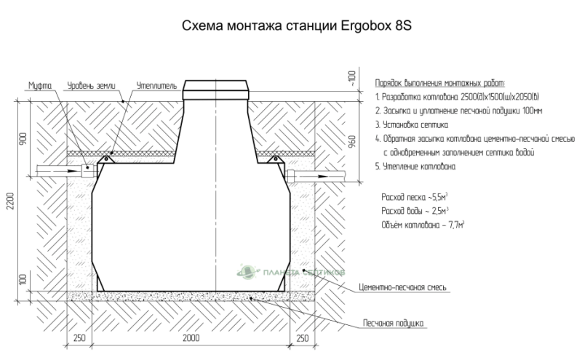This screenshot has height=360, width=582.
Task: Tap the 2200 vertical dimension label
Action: point(10,201)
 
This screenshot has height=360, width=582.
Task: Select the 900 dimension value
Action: point(23,138)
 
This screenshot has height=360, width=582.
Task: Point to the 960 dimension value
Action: point(352,141)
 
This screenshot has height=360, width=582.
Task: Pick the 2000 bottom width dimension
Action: point(191,337)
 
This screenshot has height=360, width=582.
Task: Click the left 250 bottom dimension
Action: point(79,337)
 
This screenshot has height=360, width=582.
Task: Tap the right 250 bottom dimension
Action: point(303,337)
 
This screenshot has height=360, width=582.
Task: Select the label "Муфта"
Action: point(40,86)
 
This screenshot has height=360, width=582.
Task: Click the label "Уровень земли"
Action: point(92,86)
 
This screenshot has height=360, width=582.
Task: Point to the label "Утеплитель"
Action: point(156,86)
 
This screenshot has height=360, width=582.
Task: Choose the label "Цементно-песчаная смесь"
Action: point(403,287)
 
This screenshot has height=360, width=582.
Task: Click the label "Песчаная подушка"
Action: point(394,323)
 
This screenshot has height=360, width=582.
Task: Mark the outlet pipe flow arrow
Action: point(316,176)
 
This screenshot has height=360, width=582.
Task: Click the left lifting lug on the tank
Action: point(105,159)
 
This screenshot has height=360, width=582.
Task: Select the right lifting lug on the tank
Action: point(275,159)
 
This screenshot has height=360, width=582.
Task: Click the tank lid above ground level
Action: point(216,90)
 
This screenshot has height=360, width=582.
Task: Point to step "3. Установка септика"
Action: point(412,124)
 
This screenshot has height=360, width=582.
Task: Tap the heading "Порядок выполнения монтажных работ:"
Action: point(440,83)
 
